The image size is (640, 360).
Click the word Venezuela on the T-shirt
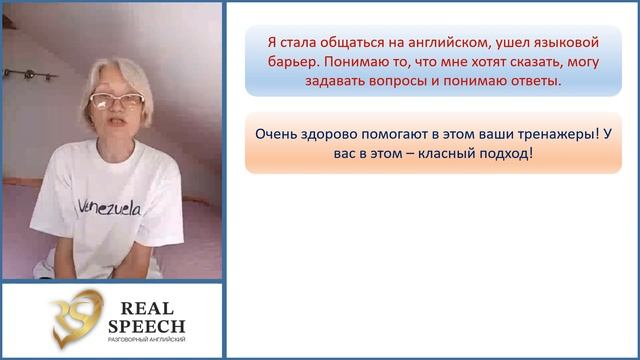point(109,207)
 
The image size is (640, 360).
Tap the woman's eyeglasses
point(117,100)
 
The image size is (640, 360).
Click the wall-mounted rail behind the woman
point(30,73)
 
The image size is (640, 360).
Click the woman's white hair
point(113,75)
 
